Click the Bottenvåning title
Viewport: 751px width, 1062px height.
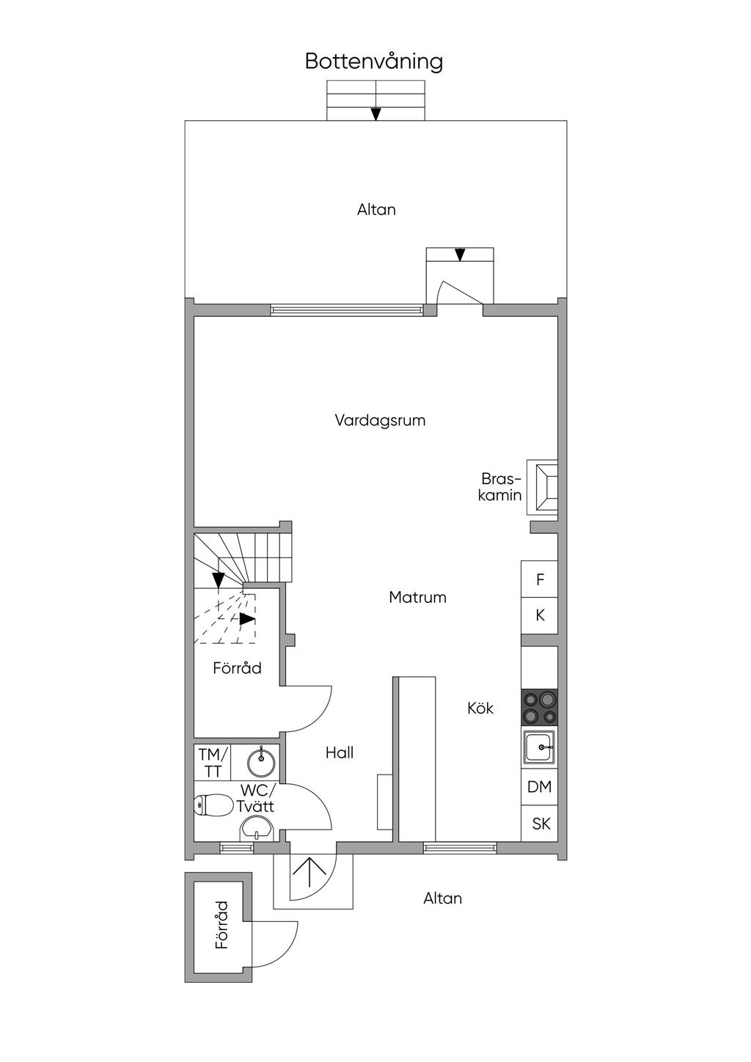coord(373,62)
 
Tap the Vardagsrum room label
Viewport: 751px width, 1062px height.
coord(380,420)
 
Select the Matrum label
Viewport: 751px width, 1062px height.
coord(418,597)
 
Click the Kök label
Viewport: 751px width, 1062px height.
coord(480,708)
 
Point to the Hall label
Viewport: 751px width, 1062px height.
coord(340,752)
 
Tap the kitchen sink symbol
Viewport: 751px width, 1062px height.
coord(540,747)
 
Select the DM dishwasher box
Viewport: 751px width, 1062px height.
coord(540,787)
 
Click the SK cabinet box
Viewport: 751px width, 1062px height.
coord(540,824)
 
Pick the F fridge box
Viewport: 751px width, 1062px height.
coord(540,579)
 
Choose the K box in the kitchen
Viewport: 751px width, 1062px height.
coord(540,615)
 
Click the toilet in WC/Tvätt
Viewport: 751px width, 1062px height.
coord(211,805)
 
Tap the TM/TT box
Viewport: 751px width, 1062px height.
coord(213,762)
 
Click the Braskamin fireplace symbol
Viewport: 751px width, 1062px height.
coord(543,487)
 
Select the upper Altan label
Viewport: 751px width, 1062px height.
coord(376,210)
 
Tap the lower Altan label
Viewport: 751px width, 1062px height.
coord(442,898)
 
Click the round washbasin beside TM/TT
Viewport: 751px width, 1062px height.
coord(260,762)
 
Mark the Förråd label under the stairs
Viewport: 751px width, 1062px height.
coord(237,668)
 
